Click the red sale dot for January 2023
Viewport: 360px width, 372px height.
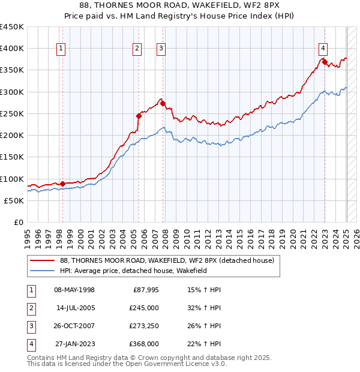(325, 62)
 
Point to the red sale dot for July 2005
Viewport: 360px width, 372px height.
(139, 115)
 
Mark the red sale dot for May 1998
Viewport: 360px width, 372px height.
(62, 184)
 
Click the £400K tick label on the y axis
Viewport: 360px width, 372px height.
(12, 48)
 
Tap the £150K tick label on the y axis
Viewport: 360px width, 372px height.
(12, 157)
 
